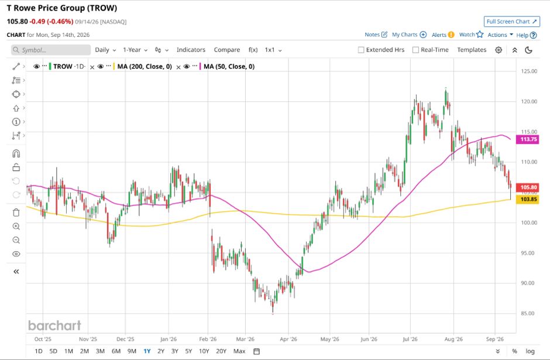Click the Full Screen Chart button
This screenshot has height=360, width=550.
[x=512, y=22]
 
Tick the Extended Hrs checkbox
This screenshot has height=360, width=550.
[x=361, y=50]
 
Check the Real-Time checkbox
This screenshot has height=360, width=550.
[x=415, y=50]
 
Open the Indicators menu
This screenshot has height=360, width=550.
[x=191, y=50]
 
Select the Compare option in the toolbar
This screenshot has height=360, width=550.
[x=227, y=50]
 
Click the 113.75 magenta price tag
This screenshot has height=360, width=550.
[x=528, y=139]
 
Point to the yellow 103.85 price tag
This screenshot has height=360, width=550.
[x=528, y=199]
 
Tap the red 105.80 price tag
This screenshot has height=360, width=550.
[x=528, y=187]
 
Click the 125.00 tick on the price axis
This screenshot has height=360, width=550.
[x=529, y=71]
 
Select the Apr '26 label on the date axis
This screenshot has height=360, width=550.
[x=288, y=340]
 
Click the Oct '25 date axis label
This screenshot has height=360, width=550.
[x=43, y=340]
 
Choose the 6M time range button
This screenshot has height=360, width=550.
[x=116, y=351]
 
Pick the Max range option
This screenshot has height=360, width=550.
[x=239, y=351]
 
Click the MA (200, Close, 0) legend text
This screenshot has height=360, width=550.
[x=145, y=66]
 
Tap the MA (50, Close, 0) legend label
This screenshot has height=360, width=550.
[x=229, y=66]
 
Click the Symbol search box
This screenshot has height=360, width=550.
[x=51, y=50]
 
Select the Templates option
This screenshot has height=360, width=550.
[x=472, y=50]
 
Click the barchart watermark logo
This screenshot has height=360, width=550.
[x=55, y=325]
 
